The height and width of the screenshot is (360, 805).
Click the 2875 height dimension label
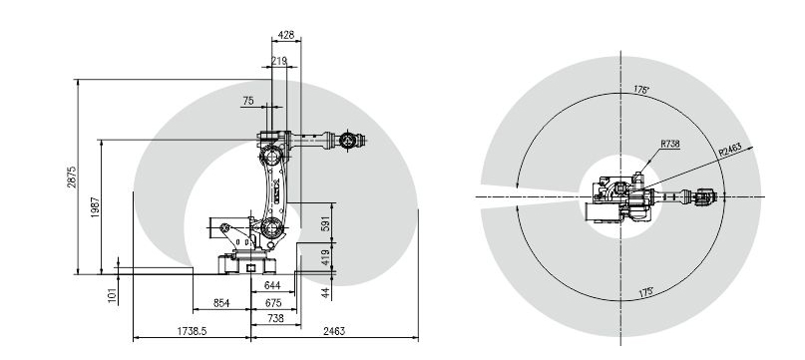(x=72, y=177)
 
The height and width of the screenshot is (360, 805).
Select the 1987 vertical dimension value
(x=95, y=207)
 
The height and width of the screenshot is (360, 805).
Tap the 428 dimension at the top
(x=286, y=35)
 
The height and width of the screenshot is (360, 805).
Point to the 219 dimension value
(x=278, y=62)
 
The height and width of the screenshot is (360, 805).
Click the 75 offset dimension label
(x=248, y=101)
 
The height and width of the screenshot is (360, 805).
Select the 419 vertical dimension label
(x=325, y=256)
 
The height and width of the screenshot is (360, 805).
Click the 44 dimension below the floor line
(x=325, y=293)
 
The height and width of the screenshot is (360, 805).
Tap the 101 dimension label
(x=113, y=295)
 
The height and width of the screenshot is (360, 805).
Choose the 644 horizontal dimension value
(x=272, y=285)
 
